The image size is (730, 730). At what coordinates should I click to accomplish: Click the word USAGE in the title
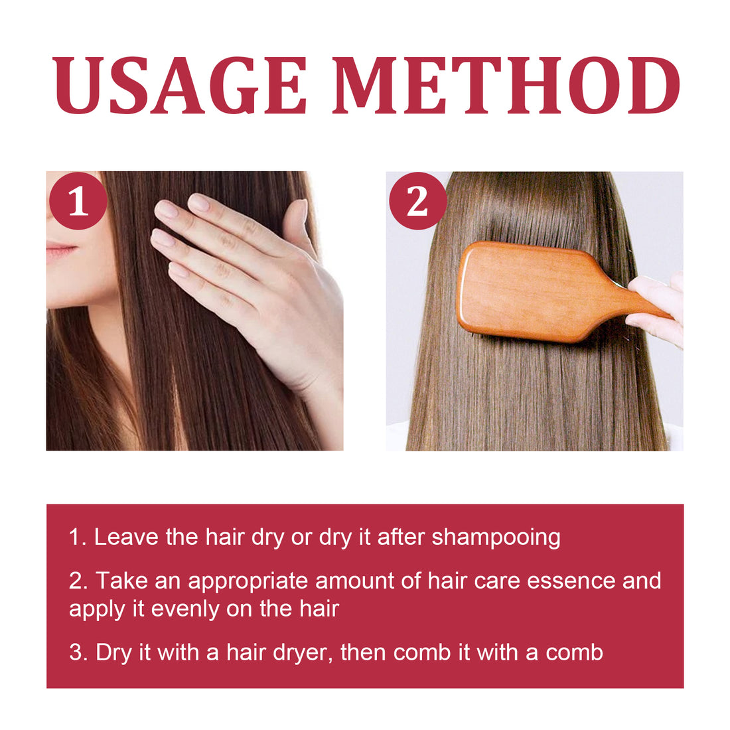click(179, 86)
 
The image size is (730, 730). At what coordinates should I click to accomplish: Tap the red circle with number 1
click(78, 201)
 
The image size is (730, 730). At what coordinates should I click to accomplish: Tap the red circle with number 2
click(417, 201)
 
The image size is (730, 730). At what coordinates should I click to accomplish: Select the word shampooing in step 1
click(496, 537)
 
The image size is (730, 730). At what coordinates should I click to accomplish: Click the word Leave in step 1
click(126, 537)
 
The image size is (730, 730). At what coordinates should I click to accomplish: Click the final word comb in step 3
click(574, 652)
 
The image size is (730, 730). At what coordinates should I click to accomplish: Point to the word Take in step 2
click(121, 581)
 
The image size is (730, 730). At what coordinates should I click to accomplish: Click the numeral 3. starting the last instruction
click(78, 652)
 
